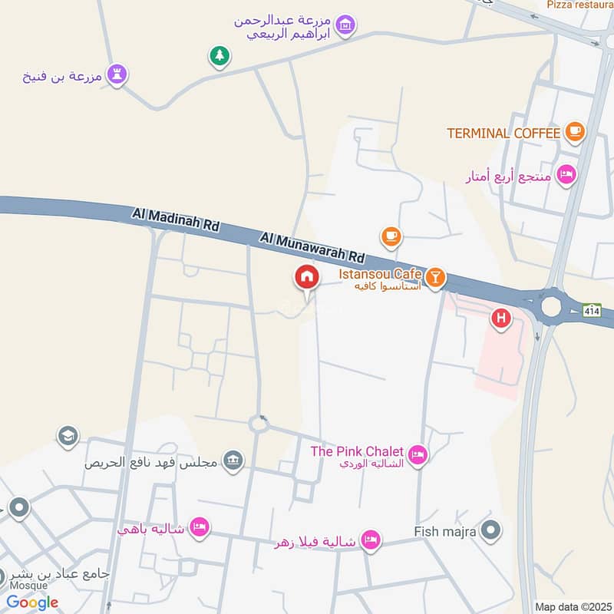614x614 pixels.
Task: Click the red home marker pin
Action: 307,278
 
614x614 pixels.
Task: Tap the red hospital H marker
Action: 501,318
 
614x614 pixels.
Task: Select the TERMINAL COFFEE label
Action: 503,133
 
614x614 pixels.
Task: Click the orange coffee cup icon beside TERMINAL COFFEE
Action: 574,133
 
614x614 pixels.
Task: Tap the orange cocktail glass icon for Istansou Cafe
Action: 435,277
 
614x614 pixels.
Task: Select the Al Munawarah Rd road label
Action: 311,248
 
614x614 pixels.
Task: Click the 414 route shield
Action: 591,311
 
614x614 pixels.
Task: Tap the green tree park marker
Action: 220,55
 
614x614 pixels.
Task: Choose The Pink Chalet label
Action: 357,451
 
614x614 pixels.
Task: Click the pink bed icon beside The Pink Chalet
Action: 417,455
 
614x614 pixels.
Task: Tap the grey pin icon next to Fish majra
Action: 492,530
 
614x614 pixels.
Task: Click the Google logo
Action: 32,602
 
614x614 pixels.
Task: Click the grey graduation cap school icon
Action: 68,437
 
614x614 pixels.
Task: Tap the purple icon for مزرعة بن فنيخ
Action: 117,74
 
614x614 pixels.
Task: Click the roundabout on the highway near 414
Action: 551,308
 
